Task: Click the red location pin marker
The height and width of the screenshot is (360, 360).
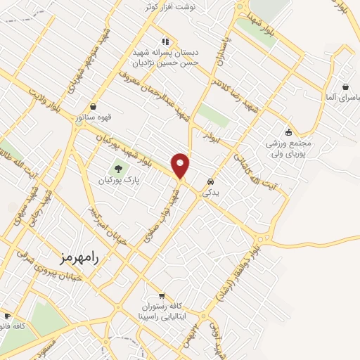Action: [x=181, y=165]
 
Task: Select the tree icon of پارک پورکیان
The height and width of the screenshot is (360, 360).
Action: [x=118, y=168]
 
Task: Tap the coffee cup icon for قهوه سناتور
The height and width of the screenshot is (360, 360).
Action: [x=94, y=106]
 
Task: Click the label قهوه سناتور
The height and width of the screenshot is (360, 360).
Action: [x=93, y=117]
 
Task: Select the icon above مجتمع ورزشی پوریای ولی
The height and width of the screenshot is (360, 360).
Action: [x=288, y=131]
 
